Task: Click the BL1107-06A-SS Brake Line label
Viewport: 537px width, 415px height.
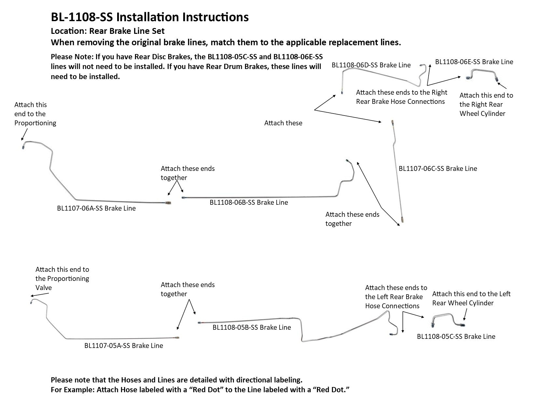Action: pos(96,208)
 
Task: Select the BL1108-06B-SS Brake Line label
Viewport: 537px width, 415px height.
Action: pos(249,202)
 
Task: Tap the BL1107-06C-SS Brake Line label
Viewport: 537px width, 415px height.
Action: pos(438,168)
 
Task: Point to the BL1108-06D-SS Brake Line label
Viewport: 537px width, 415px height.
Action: pos(371,65)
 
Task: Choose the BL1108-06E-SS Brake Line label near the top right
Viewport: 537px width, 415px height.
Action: pos(474,62)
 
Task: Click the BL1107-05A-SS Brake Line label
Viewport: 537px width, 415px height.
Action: pos(124,345)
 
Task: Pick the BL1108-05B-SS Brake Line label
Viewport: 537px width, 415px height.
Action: pos(252,327)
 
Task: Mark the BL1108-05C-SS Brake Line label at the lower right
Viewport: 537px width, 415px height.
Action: pos(456,336)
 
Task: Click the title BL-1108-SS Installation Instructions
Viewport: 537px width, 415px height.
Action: pos(150,17)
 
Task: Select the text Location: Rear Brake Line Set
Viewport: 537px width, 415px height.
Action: pos(107,31)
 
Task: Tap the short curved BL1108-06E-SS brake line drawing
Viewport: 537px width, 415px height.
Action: pos(482,71)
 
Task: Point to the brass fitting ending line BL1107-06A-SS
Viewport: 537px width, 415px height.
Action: pos(168,203)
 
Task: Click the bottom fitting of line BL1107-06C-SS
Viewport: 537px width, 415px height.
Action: pos(402,219)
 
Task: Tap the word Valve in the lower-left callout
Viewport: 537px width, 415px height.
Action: pos(44,287)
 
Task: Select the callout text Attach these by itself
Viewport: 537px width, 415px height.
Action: pos(283,123)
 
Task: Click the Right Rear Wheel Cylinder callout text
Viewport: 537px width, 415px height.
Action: pos(486,104)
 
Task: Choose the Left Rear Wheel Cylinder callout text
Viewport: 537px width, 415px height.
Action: pos(471,298)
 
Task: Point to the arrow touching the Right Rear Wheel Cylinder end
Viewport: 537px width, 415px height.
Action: pos(502,86)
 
